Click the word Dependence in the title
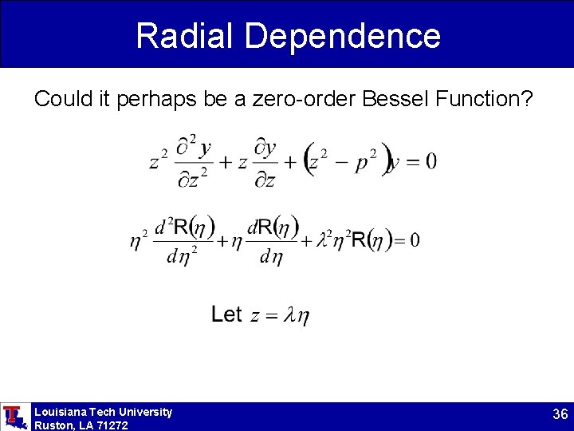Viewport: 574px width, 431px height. (342, 36)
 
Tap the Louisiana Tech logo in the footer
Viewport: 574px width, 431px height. (14, 417)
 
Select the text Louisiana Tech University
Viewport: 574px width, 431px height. (103, 412)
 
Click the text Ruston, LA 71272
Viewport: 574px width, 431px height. (81, 425)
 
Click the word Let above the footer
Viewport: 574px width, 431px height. (226, 314)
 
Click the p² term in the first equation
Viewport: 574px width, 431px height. (366, 160)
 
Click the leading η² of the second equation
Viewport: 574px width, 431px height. (139, 239)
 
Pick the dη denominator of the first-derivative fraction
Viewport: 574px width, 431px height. (272, 256)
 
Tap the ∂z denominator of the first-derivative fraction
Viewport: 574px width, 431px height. (265, 180)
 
